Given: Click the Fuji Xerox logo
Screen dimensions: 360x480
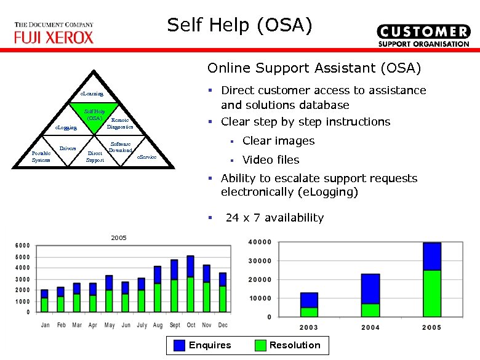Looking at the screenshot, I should [54, 33].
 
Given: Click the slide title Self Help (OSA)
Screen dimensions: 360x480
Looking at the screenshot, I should [240, 25].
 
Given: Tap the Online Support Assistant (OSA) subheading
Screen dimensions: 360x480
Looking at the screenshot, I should [314, 67].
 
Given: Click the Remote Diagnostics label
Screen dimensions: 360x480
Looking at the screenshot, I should [119, 124].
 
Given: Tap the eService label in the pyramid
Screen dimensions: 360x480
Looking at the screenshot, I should [146, 158].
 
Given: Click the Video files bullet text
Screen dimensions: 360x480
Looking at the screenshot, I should [270, 160].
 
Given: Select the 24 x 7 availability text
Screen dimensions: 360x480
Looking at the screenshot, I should [274, 218].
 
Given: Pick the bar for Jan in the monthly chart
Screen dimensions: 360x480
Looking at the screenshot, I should [44, 302].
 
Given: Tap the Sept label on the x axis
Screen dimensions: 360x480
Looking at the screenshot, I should [175, 325].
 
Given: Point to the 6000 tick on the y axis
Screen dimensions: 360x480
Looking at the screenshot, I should [22, 245].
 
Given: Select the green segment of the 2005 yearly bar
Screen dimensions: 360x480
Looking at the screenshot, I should [432, 293].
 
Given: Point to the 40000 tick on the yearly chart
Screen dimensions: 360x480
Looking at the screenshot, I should [259, 242].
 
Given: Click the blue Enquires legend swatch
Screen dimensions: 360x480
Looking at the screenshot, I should [178, 345].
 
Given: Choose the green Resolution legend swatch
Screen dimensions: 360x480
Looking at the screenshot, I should [260, 345].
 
